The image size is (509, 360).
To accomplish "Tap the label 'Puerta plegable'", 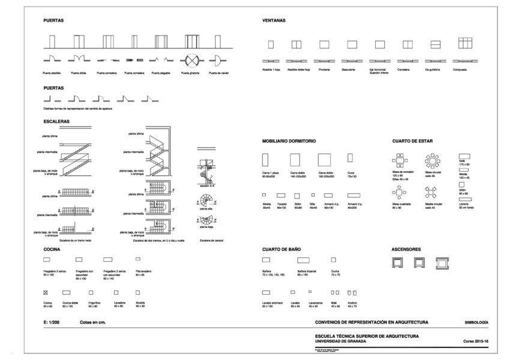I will (162, 74).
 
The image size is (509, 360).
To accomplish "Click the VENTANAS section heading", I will (274, 20).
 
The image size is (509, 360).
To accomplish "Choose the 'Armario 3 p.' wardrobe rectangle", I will (349, 195).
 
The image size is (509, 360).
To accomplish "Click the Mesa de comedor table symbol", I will (400, 160).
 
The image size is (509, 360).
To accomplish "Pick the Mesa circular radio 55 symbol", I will (432, 160).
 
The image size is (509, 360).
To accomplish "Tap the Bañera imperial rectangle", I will (303, 260).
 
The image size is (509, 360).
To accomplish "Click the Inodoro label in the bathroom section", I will (352, 304).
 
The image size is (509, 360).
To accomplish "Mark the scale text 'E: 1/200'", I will (53, 323).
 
